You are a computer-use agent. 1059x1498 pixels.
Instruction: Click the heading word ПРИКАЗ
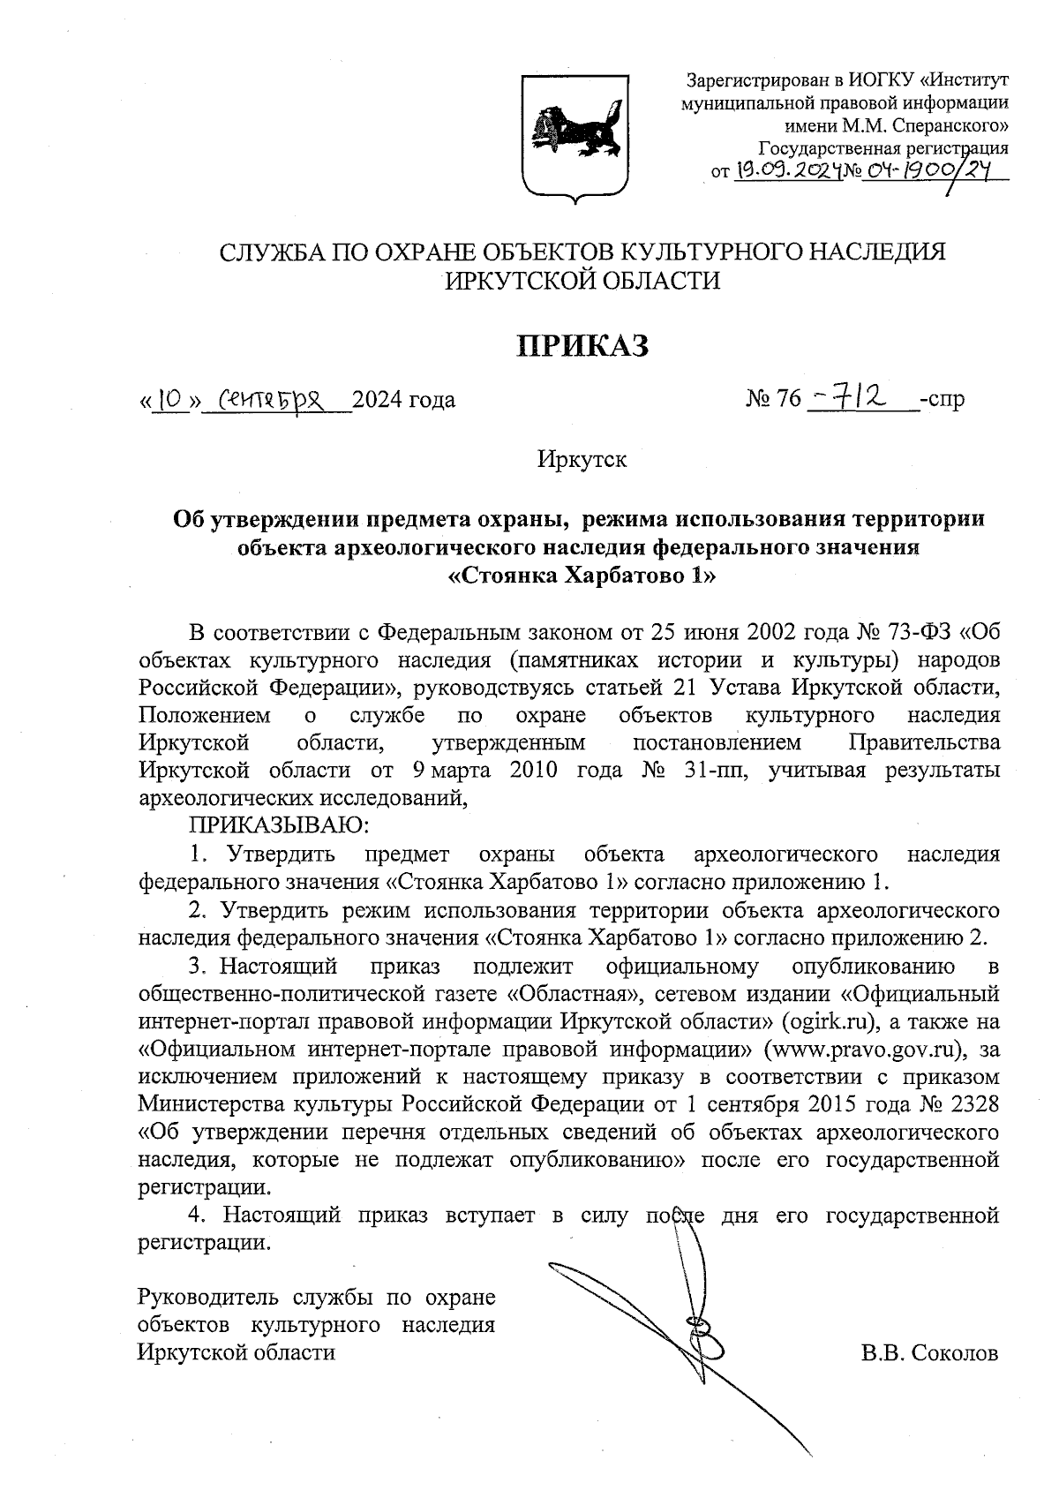point(582,346)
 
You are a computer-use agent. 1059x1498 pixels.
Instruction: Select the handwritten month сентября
point(276,400)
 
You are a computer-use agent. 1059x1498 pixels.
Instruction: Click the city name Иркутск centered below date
point(582,459)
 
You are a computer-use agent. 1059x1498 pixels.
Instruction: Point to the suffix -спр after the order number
point(942,400)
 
